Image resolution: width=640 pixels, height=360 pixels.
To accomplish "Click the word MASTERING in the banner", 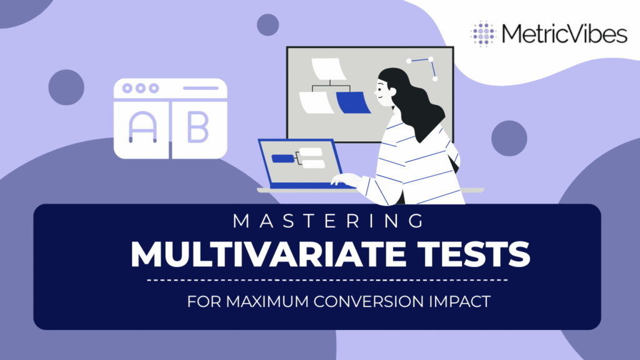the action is [329, 221].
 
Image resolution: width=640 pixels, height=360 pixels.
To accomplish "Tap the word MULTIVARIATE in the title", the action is [268, 254].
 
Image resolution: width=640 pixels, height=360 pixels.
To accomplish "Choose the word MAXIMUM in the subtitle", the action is [267, 302].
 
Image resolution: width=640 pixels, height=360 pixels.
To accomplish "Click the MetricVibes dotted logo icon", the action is [483, 34].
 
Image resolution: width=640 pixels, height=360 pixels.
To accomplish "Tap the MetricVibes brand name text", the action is [564, 34].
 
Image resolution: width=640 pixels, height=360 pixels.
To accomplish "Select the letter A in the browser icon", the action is [142, 127].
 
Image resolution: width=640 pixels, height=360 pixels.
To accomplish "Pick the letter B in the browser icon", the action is [198, 127].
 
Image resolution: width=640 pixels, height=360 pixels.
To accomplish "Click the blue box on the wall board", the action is [353, 102].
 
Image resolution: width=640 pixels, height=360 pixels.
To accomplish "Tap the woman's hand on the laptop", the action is [345, 179].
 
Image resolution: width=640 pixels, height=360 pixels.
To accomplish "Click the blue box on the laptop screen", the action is [283, 158].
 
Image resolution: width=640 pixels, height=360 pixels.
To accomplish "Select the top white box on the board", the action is [329, 69].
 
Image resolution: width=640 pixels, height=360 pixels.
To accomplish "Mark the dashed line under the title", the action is [327, 281].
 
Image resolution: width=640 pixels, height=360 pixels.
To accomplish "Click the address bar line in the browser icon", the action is [201, 88].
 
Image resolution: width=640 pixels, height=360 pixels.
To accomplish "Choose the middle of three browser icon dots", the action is [141, 88].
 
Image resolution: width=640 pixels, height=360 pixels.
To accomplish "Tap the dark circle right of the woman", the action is [509, 138].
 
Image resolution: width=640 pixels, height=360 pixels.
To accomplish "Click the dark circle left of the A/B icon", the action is [66, 87].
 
